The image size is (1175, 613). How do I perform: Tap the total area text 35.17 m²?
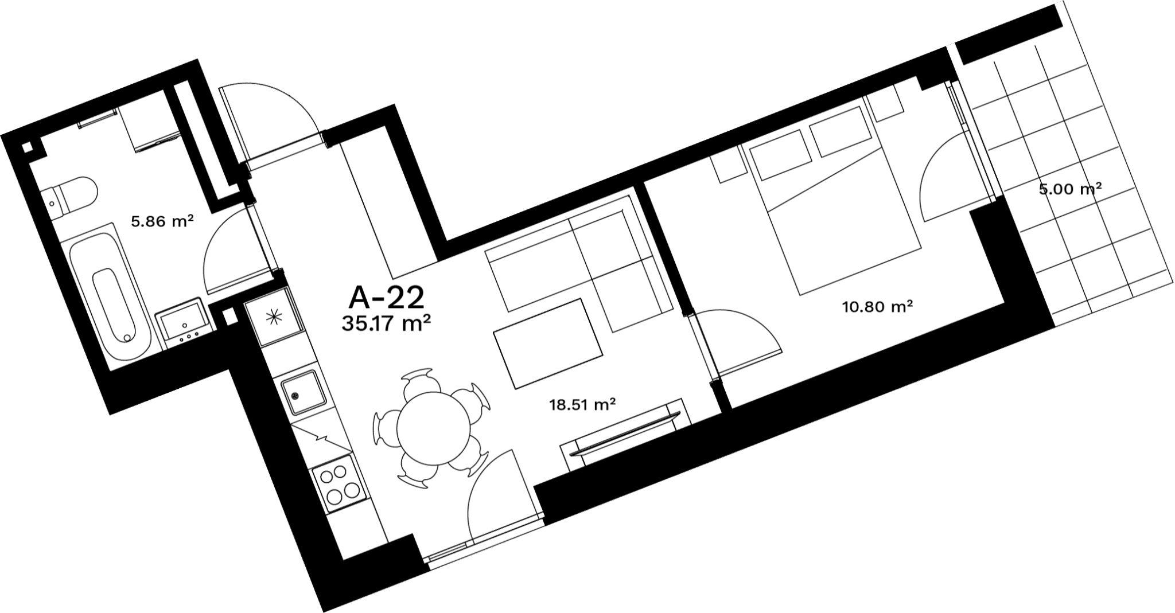pos(386,324)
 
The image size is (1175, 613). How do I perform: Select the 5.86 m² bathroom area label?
pos(161,221)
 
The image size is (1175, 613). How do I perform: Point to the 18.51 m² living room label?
pos(582,405)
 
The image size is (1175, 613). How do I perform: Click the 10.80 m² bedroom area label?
pos(877,307)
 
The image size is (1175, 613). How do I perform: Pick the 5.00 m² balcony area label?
pos(1070,189)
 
